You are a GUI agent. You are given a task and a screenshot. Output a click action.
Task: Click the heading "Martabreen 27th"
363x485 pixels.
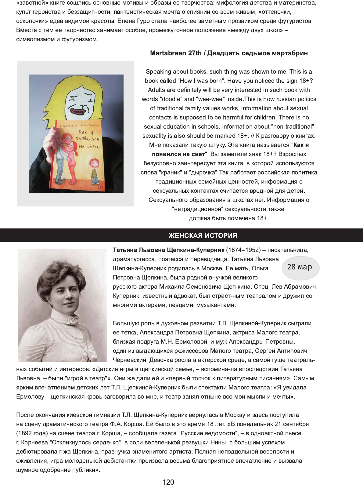(x=176, y=53)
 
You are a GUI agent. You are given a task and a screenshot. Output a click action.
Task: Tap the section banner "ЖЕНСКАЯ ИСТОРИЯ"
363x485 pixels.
(x=203, y=235)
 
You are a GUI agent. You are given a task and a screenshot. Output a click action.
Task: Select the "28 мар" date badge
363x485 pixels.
(x=300, y=267)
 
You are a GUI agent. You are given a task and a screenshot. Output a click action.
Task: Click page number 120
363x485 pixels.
(x=168, y=482)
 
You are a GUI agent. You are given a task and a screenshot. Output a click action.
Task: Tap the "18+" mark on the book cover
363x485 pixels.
(x=100, y=187)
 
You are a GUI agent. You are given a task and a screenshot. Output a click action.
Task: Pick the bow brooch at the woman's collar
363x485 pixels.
(x=73, y=319)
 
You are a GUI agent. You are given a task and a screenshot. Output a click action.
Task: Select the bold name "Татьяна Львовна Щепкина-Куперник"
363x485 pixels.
(x=168, y=250)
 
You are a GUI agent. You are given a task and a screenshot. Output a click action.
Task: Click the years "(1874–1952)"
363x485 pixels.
(x=243, y=250)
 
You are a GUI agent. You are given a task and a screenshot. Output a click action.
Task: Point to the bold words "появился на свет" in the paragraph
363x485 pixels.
(x=178, y=154)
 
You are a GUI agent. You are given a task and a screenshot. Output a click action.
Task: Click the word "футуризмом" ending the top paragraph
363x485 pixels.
(x=79, y=39)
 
